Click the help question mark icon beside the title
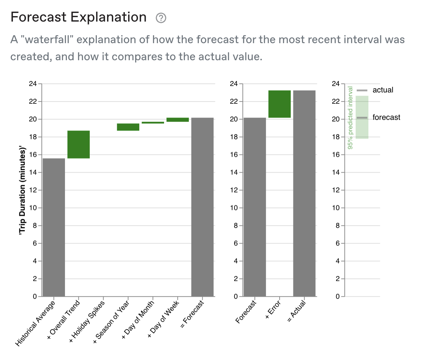(161, 18)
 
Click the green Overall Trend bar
(78, 144)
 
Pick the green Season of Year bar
(128, 127)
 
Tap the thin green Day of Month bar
(153, 123)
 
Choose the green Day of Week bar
(178, 120)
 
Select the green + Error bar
(280, 104)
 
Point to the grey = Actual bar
(304, 193)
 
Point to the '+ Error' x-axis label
(273, 309)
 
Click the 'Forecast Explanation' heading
(78, 17)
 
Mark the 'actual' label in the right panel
(383, 90)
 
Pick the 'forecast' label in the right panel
(386, 118)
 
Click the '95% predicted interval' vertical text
(350, 118)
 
